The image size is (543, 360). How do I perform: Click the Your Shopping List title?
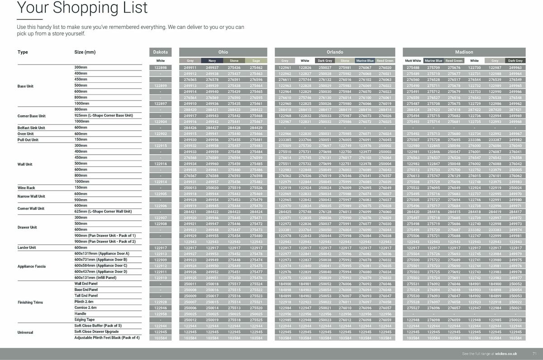pyautogui.click(x=82, y=8)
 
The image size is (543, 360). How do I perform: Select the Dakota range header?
pyautogui.click(x=161, y=52)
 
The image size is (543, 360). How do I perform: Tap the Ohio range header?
pyautogui.click(x=223, y=52)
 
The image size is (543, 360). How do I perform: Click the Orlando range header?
pyautogui.click(x=335, y=52)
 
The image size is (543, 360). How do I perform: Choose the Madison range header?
pyautogui.click(x=464, y=52)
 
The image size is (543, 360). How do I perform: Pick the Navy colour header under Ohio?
pyautogui.click(x=212, y=61)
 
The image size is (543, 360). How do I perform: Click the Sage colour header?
pyautogui.click(x=256, y=61)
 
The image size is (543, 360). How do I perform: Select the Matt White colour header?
pyautogui.click(x=413, y=61)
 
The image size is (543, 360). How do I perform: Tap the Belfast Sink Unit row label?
pyautogui.click(x=31, y=128)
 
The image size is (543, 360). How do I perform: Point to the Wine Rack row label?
pyautogui.click(x=26, y=188)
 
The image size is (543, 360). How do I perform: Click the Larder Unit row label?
pyautogui.click(x=27, y=248)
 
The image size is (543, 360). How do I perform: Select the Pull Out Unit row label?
pyautogui.click(x=28, y=140)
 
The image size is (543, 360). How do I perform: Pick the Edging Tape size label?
pyautogui.click(x=85, y=320)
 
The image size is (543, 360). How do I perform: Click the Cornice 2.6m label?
pyautogui.click(x=84, y=308)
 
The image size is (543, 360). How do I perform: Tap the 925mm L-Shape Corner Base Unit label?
pyautogui.click(x=104, y=116)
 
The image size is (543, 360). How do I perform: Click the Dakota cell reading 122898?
pyautogui.click(x=161, y=68)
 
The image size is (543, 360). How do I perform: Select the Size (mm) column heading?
pyautogui.click(x=85, y=52)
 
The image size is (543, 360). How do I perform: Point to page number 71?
pyautogui.click(x=534, y=353)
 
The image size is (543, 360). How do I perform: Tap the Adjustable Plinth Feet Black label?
pyautogui.click(x=107, y=338)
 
